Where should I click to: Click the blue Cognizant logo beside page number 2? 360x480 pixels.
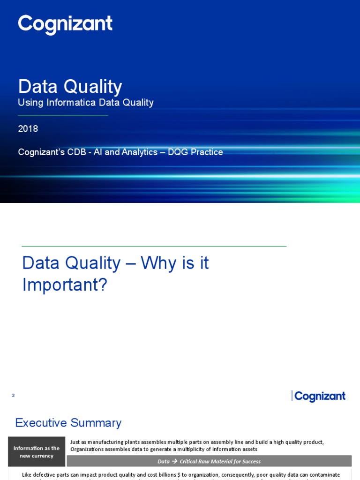(319, 397)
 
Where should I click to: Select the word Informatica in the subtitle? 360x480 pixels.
(66, 103)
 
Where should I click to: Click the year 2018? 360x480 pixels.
(28, 129)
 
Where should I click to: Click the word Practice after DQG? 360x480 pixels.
(206, 152)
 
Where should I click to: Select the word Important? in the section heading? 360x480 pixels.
(65, 285)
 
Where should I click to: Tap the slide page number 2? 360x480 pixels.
(13, 396)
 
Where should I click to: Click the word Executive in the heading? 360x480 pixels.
(41, 423)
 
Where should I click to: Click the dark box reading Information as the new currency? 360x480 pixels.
(37, 452)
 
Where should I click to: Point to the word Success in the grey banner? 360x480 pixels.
(251, 461)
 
